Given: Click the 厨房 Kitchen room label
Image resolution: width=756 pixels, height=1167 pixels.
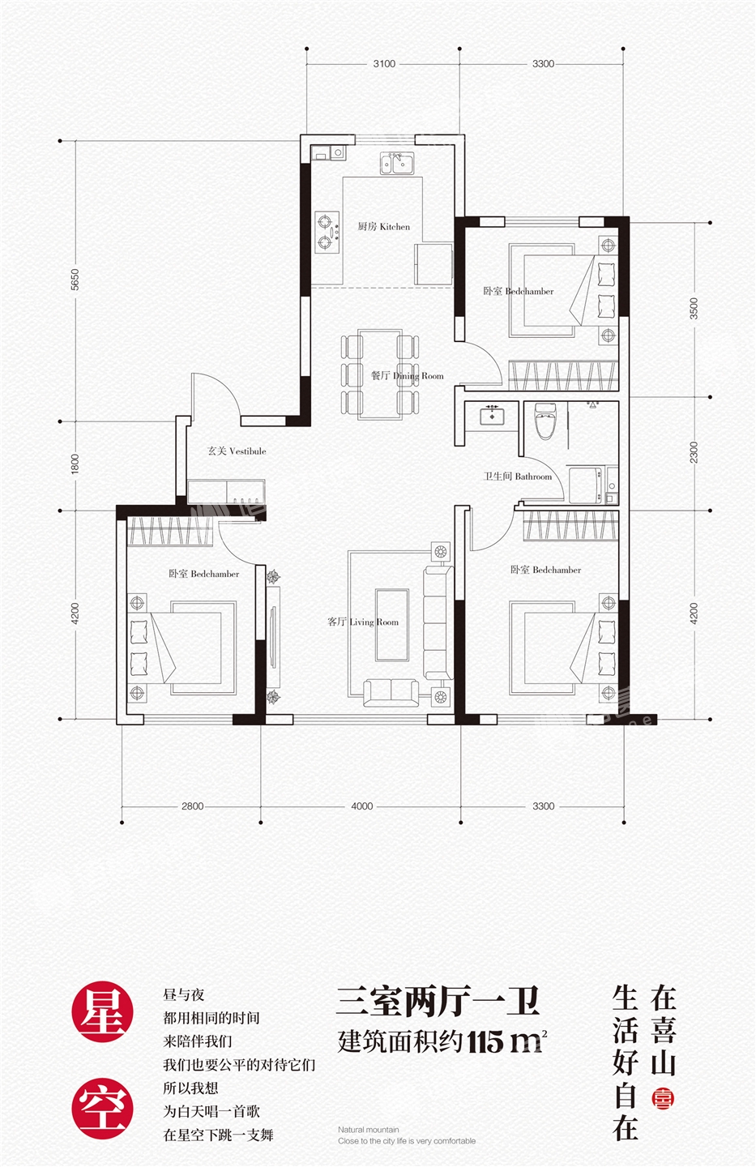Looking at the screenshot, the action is click(383, 227).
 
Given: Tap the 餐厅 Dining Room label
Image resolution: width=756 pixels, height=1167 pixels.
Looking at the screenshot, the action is click(407, 376).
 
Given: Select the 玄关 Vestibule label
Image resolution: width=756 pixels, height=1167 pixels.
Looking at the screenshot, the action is click(237, 451).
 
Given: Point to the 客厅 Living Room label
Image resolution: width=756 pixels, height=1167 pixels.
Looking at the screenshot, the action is click(363, 622).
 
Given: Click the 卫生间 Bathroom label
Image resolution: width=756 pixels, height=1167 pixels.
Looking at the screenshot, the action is click(518, 477).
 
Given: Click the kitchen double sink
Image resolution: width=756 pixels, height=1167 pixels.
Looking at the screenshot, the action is click(397, 163).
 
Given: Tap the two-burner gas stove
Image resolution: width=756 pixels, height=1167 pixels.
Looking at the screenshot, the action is click(327, 233).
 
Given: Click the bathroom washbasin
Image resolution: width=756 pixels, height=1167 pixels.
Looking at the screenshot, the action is click(491, 415).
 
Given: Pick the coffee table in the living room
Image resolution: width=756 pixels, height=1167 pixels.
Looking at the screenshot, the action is click(392, 625).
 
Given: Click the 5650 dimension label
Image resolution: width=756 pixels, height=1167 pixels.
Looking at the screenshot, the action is click(75, 280).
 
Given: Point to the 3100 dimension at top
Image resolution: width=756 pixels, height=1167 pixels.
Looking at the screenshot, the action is click(384, 63).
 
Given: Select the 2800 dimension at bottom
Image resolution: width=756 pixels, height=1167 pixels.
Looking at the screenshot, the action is click(192, 806).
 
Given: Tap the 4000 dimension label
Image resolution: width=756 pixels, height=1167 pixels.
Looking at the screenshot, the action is click(361, 806).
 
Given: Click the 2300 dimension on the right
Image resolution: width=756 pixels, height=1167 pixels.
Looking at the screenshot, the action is click(693, 452).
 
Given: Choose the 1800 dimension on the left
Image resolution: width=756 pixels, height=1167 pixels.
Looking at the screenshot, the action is click(75, 464).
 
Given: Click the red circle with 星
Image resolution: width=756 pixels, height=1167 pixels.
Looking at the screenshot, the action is click(102, 1011).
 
